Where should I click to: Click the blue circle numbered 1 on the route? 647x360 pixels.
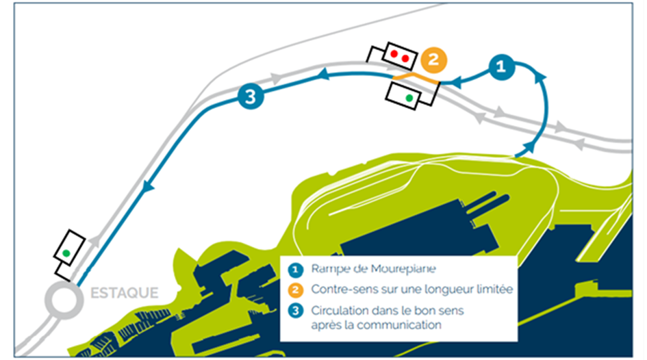pyautogui.click(x=500, y=66)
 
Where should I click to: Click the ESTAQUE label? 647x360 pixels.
pyautogui.click(x=124, y=294)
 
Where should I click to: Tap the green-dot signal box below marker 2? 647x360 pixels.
pyautogui.click(x=409, y=96)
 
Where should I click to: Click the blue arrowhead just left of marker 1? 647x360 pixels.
pyautogui.click(x=456, y=83)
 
